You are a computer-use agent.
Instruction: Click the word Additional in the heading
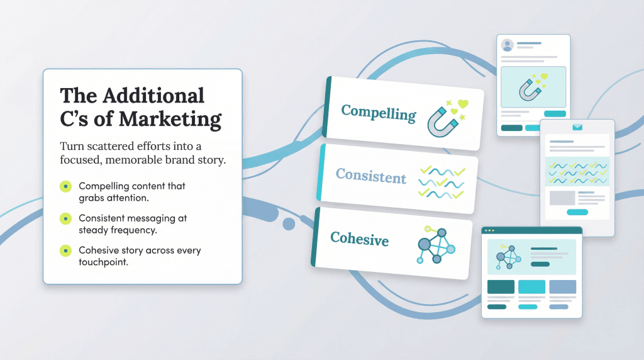click(x=153, y=96)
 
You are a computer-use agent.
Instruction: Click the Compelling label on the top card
click(x=378, y=113)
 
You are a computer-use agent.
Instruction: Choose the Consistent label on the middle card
click(x=371, y=176)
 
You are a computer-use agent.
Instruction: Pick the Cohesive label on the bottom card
click(x=359, y=239)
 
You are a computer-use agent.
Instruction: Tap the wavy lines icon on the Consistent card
click(x=441, y=182)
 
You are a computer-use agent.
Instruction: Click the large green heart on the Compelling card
click(x=463, y=104)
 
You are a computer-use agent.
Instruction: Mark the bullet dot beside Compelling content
click(x=65, y=187)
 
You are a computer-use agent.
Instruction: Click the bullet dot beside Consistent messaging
click(x=65, y=218)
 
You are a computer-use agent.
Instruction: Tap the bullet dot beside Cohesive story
click(x=65, y=250)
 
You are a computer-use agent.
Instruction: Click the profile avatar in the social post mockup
click(x=507, y=45)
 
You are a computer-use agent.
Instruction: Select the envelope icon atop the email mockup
click(x=577, y=127)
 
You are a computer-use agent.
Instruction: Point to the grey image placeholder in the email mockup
click(x=562, y=198)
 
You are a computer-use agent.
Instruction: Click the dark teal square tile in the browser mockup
click(x=501, y=287)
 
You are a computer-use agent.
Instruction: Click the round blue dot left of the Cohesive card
click(x=289, y=224)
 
